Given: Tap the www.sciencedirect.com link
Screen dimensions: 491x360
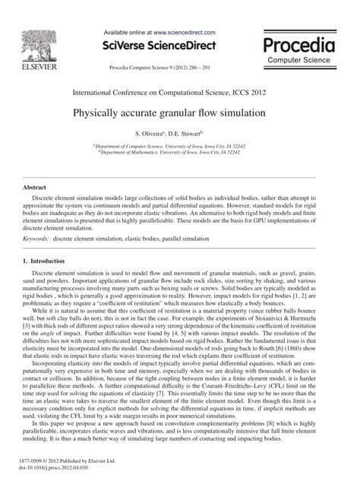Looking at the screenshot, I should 185,33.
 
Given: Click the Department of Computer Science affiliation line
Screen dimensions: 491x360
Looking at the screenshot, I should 180,145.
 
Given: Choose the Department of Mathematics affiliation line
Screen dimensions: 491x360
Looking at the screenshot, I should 180,151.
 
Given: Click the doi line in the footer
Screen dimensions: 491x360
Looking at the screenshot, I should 58,467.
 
